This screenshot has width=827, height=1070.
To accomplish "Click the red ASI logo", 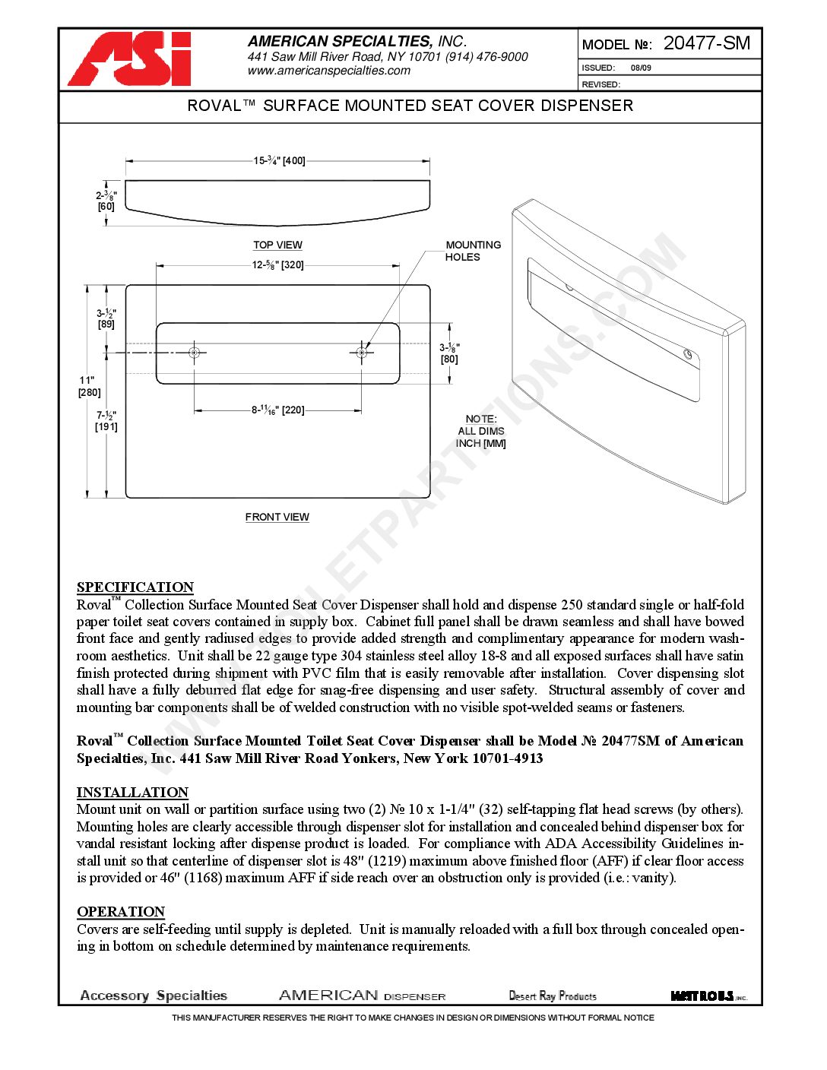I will (x=130, y=59).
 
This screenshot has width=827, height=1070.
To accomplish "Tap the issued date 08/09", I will (x=641, y=68).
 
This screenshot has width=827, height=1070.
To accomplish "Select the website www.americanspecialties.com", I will (x=328, y=71).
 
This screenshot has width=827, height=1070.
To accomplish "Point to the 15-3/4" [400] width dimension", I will (x=279, y=161).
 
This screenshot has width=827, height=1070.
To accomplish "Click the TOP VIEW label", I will (x=277, y=245).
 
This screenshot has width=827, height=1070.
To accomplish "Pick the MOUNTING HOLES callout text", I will (x=473, y=251).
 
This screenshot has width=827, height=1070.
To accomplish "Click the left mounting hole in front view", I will (x=195, y=353).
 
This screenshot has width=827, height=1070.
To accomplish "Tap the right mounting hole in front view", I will (x=362, y=353).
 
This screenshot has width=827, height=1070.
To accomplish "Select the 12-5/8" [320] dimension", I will (x=277, y=265).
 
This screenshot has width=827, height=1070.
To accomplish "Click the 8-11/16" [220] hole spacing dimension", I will (x=278, y=410).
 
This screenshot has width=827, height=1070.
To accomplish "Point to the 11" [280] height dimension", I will (x=89, y=386).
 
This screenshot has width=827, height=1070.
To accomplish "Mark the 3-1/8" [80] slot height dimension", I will (x=449, y=353).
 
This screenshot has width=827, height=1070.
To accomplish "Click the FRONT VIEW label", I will (x=277, y=517).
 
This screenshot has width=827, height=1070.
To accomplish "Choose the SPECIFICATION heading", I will (x=135, y=587).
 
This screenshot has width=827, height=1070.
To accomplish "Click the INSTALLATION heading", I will (x=132, y=792).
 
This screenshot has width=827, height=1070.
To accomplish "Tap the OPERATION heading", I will (x=121, y=911).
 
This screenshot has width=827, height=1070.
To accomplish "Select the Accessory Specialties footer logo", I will (x=154, y=996).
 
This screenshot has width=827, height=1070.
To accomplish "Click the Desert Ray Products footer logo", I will (x=553, y=996).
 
